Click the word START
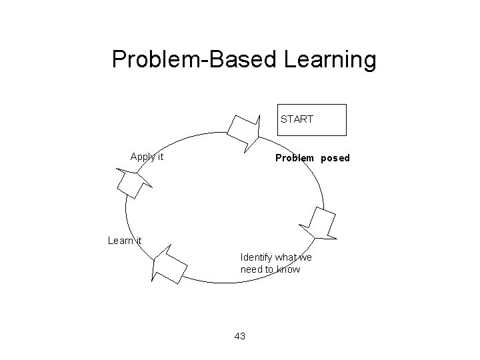click(x=297, y=119)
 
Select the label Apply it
click(x=147, y=157)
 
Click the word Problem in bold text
click(x=295, y=159)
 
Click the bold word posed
click(x=335, y=159)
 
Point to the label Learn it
click(x=125, y=241)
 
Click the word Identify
click(x=257, y=257)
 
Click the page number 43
click(x=240, y=336)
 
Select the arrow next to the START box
click(x=243, y=129)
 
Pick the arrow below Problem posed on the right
click(x=321, y=223)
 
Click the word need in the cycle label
click(x=253, y=269)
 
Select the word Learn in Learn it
click(x=120, y=241)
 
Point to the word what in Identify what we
click(x=286, y=257)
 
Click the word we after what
click(x=305, y=257)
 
